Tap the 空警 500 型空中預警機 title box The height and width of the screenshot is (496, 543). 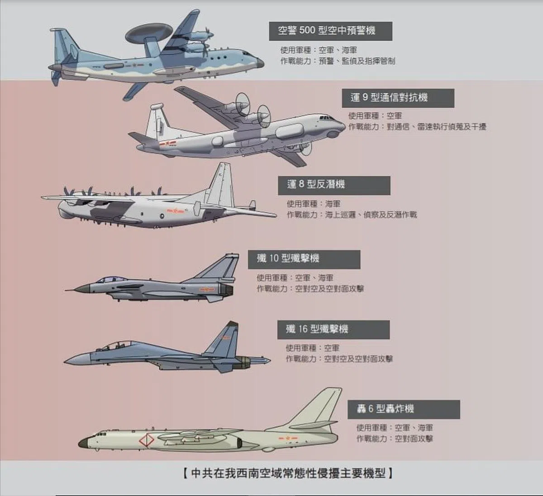coord(330,31)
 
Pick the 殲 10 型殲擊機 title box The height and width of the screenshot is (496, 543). coord(304,259)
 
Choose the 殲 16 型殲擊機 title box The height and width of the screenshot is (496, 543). coord(333,330)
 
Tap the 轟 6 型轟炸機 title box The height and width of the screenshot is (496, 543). coord(404,409)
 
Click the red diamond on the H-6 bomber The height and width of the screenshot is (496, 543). coord(146,440)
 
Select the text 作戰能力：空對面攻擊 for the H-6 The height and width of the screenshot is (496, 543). coord(394,439)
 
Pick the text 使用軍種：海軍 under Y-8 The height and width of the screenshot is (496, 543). coord(314,204)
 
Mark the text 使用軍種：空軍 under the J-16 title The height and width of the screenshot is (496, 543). coord(312,348)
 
